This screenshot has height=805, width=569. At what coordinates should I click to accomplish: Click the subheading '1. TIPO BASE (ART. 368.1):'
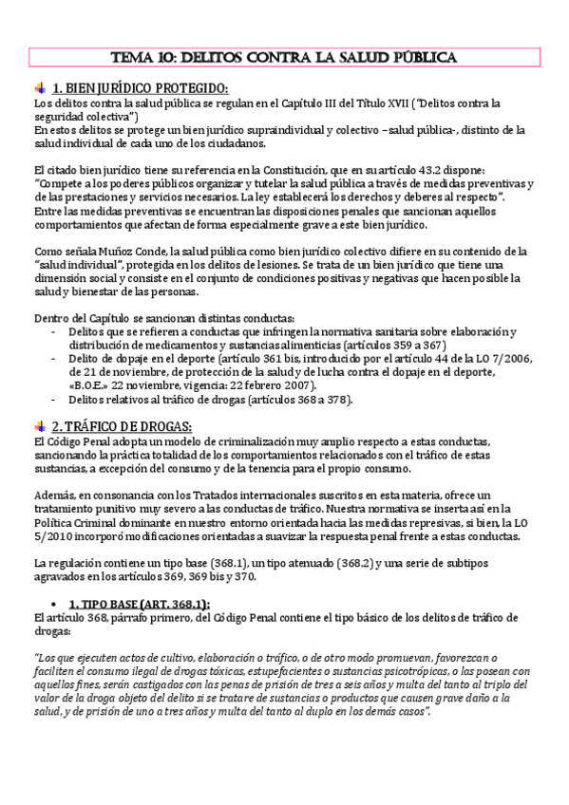(x=140, y=604)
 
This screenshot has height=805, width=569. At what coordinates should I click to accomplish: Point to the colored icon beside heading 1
(x=40, y=88)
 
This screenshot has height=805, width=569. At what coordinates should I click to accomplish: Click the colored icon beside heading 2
(x=40, y=424)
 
